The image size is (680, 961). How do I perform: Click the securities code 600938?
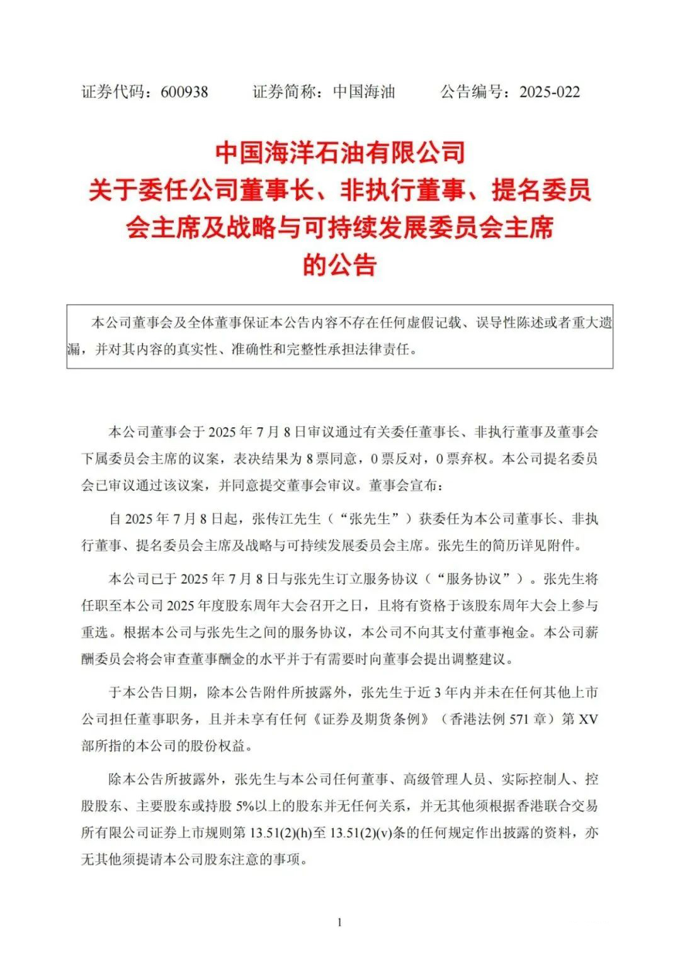point(184,92)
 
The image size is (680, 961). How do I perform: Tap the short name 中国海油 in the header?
point(363,92)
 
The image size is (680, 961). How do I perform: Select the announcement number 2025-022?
point(549,92)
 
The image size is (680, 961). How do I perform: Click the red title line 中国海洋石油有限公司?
point(340,152)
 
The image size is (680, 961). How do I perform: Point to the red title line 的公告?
point(340,264)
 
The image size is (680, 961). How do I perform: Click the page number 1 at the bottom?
point(340,923)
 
